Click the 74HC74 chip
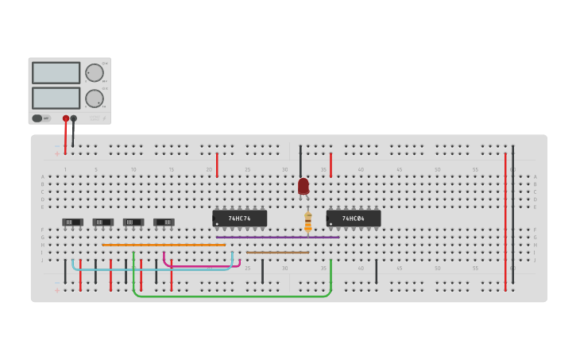pos(239,218)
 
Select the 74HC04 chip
pos(354,218)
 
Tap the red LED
pos(303,186)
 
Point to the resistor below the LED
pos(307,223)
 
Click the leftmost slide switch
pos(72,223)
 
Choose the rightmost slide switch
pos(164,223)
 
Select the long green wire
pos(230,296)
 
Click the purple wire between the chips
pos(277,237)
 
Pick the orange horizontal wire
pos(163,245)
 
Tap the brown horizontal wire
pos(277,253)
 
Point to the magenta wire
pos(202,265)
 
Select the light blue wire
pos(151,269)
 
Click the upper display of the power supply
pos(56,72)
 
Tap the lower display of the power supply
pos(56,98)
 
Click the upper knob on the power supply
pos(95,72)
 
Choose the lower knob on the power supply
pos(95,99)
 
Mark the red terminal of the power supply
pos(66,118)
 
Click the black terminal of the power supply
pos(74,118)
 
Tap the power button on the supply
pos(37,118)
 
